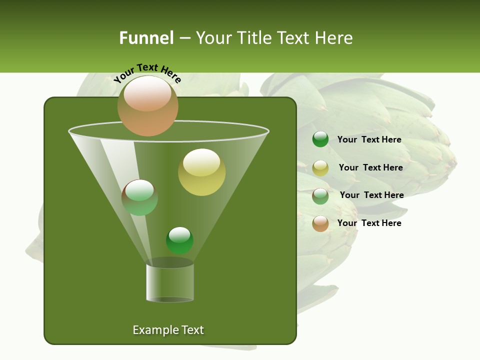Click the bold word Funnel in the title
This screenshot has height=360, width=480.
(x=146, y=38)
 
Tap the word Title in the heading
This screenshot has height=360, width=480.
(x=253, y=38)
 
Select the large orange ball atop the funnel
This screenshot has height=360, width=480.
(x=148, y=106)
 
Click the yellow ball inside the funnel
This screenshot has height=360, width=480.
(x=201, y=172)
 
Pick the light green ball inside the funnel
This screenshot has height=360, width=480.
(x=140, y=197)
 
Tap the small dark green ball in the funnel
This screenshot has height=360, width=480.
(x=179, y=240)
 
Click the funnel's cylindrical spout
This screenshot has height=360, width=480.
(x=169, y=282)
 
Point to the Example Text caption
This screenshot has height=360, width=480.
(x=168, y=330)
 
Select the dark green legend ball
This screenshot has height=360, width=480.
(x=320, y=139)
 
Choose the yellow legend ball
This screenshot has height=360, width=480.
(x=320, y=168)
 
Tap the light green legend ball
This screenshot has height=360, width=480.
(x=320, y=196)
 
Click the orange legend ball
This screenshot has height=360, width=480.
(x=320, y=223)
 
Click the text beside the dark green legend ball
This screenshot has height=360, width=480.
(x=369, y=140)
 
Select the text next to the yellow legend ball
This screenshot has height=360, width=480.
(x=370, y=168)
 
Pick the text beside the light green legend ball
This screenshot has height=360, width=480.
(x=371, y=195)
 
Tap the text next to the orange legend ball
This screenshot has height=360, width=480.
(x=369, y=223)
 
